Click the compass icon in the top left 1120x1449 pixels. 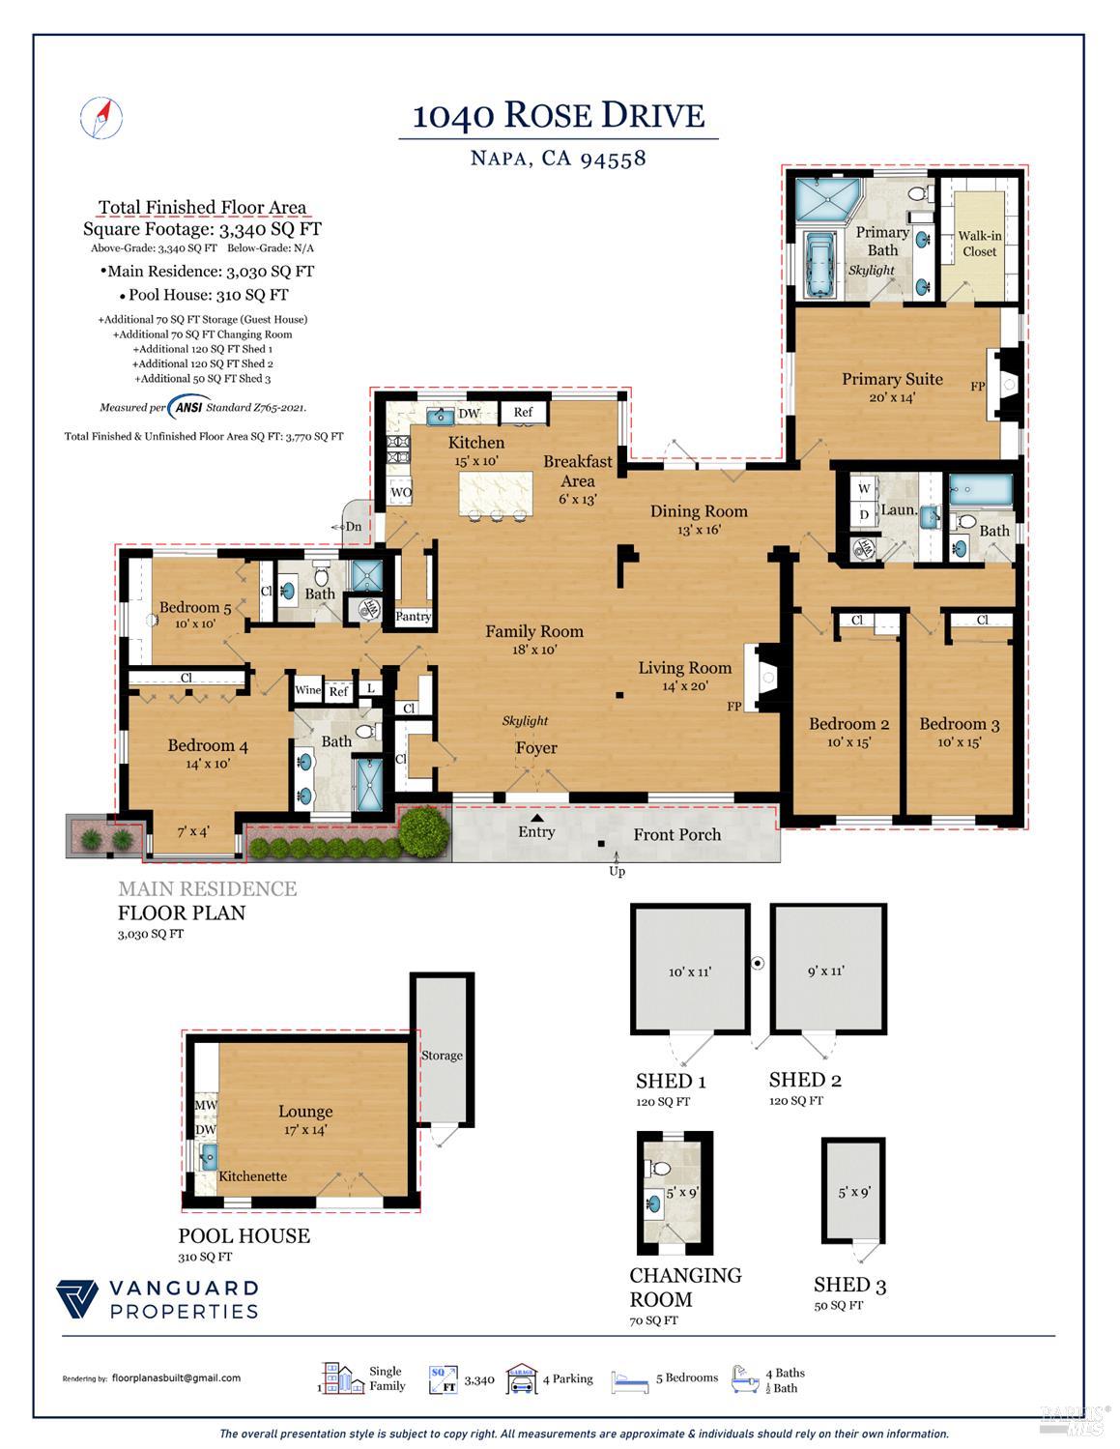coord(101,117)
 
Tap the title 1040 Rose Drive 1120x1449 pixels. coord(559,116)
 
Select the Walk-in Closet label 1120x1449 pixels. coord(979,244)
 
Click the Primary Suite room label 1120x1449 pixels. coord(891,379)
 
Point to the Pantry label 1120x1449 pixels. coord(414,617)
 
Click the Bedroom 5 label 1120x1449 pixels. coord(195,608)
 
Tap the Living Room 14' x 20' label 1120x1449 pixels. coord(684,676)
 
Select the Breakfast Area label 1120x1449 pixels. coord(578,471)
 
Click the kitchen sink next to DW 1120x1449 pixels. coord(441,416)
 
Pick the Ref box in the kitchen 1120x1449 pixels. coord(523,413)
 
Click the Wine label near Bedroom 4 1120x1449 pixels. coord(307,690)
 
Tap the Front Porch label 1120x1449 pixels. coord(676,834)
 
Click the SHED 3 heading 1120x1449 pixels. coord(849,1285)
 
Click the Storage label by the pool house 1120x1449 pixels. coord(442,1056)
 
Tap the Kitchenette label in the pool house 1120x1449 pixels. coord(252,1176)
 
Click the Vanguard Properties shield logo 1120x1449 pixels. coord(77,1299)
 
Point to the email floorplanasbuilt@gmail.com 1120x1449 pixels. coord(176,1378)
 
